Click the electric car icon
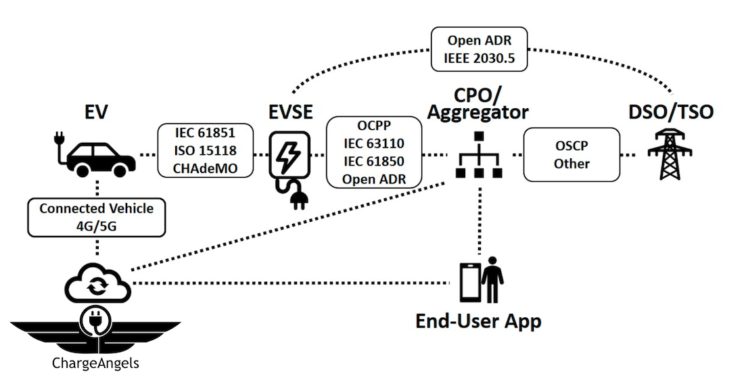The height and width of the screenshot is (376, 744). [93, 155]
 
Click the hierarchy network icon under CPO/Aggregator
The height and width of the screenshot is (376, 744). [479, 156]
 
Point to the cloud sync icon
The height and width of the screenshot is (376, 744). [99, 284]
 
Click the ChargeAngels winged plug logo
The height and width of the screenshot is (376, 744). [95, 329]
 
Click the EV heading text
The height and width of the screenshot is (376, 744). [95, 111]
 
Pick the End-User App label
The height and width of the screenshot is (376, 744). [478, 320]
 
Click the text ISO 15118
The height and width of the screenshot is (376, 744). [195, 150]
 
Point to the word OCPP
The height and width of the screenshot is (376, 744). [373, 127]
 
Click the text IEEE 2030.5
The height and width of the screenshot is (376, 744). [480, 59]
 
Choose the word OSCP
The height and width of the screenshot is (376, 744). [572, 147]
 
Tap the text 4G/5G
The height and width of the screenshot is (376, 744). [96, 225]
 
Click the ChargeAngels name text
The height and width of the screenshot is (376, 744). [95, 363]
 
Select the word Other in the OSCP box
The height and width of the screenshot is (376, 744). [572, 163]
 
